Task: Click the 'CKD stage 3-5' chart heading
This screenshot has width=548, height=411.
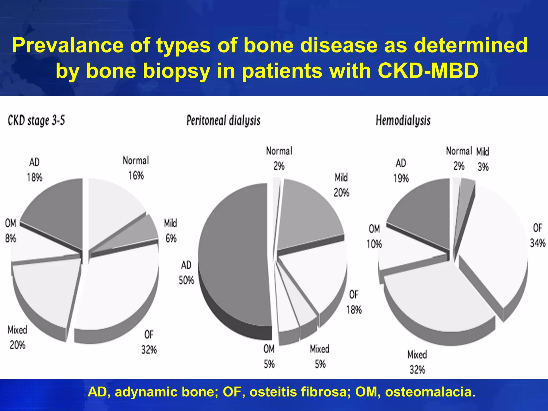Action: pyautogui.click(x=36, y=121)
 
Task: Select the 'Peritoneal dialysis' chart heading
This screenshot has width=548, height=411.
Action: pyautogui.click(x=223, y=121)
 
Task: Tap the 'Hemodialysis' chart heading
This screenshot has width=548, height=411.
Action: pyautogui.click(x=403, y=120)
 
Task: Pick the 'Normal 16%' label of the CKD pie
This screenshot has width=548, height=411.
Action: pyautogui.click(x=136, y=168)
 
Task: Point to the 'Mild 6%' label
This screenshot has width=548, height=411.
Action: pyautogui.click(x=171, y=230)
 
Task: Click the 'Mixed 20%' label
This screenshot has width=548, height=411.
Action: pyautogui.click(x=17, y=337)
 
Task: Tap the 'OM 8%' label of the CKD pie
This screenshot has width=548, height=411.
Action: pyautogui.click(x=11, y=230)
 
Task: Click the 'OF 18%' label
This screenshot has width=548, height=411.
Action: pyautogui.click(x=354, y=302)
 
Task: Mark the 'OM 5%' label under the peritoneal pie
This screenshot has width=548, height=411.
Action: pyautogui.click(x=269, y=356)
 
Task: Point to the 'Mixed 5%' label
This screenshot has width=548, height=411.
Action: pyautogui.click(x=320, y=356)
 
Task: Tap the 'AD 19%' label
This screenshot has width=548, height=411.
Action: pyautogui.click(x=401, y=170)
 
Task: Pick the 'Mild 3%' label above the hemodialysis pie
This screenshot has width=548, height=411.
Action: pyautogui.click(x=483, y=159)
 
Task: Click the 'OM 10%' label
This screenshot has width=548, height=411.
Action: pyautogui.click(x=374, y=236)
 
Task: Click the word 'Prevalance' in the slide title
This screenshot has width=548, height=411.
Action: pyautogui.click(x=67, y=45)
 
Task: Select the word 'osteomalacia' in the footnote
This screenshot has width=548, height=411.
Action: pyautogui.click(x=428, y=392)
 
